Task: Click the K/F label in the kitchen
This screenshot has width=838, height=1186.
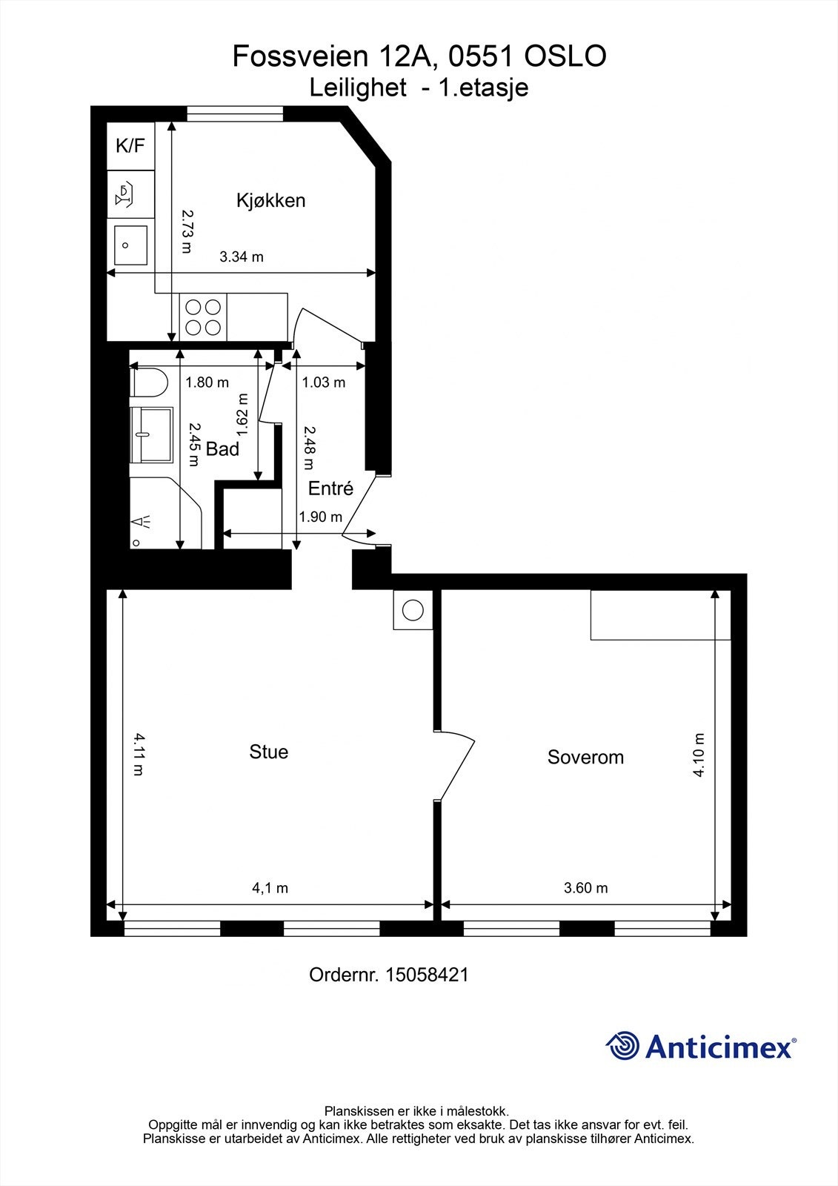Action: [x=130, y=145]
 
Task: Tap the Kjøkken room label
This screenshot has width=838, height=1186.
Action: [x=270, y=200]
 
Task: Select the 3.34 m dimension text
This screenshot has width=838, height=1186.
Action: [x=242, y=256]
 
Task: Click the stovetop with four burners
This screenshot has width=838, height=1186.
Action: [x=203, y=317]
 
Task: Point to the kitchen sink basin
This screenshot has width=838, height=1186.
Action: [x=130, y=245]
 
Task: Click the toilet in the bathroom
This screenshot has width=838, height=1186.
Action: [x=149, y=382]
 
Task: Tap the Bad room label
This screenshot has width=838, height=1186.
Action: [x=222, y=449]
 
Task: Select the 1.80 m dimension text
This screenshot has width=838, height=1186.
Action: [x=207, y=382]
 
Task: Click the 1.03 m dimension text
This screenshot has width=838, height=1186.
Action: [x=324, y=382]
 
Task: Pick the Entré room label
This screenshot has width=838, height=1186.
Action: [x=330, y=488]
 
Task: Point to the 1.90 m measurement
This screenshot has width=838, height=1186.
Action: [x=320, y=517]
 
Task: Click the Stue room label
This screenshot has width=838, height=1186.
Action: [x=268, y=752]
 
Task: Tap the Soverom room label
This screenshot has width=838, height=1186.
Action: [x=585, y=757]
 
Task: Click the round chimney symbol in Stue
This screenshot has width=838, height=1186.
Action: [x=413, y=610]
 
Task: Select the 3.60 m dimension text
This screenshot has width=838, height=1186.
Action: [x=585, y=888]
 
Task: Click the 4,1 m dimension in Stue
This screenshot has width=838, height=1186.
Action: [x=270, y=888]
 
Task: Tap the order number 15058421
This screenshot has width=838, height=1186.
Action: [x=427, y=975]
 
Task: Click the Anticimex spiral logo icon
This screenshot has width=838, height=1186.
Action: [x=622, y=1046]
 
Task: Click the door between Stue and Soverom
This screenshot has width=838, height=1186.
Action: [x=454, y=765]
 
